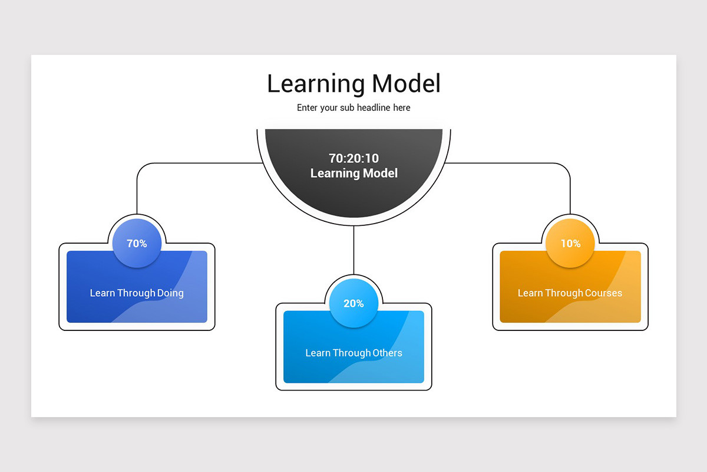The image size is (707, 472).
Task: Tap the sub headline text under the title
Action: pos(353,108)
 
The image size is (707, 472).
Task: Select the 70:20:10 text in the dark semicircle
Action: pos(353,158)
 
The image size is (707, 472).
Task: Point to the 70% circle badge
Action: pos(137,243)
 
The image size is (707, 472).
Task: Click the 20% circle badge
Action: pos(353,303)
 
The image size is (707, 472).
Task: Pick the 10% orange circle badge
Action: pos(570,243)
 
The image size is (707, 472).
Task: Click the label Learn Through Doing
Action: pos(137,293)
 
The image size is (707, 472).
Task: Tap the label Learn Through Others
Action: pos(353,353)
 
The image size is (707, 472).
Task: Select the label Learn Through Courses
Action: pos(570,293)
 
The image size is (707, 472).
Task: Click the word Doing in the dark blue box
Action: pos(170,293)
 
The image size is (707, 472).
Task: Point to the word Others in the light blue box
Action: pos(387,353)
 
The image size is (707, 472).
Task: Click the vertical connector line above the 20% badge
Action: pos(353,251)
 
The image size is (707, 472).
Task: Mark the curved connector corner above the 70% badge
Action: pos(142,168)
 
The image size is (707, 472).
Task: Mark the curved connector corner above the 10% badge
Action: pos(565,168)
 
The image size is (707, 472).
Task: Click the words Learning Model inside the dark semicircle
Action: pos(353,173)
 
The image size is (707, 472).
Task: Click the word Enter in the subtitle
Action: pos(308,108)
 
